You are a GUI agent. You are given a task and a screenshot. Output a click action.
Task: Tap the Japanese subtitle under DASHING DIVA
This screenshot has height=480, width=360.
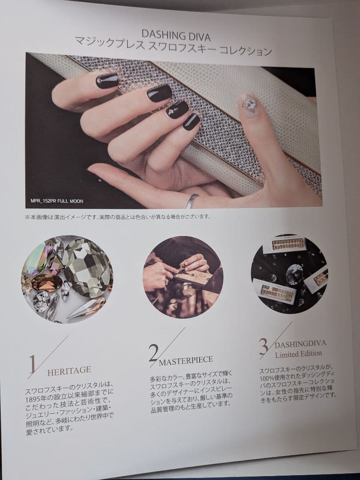point(174,48)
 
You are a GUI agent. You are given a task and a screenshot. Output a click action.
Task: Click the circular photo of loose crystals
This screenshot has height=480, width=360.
point(67,279)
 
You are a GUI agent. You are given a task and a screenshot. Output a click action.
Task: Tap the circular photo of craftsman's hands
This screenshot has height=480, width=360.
point(183,277)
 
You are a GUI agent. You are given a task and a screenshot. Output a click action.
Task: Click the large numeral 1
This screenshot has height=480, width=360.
point(32,364)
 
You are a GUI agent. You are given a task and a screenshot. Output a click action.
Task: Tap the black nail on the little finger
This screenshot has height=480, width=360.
point(191,121)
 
